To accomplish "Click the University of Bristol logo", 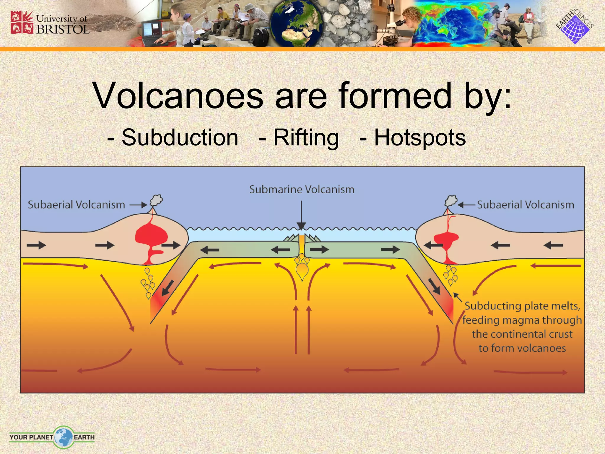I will (50, 23).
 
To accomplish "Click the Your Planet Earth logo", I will (52, 437).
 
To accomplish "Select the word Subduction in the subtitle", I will (180, 138).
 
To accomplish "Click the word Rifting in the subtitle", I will (306, 138).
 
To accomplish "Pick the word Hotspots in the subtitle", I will (420, 138).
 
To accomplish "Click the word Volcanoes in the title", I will (178, 96).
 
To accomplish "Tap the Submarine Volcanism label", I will (302, 189).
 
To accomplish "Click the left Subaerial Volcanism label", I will (76, 205).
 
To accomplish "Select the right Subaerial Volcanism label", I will (526, 205).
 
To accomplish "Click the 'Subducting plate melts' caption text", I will (522, 327).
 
